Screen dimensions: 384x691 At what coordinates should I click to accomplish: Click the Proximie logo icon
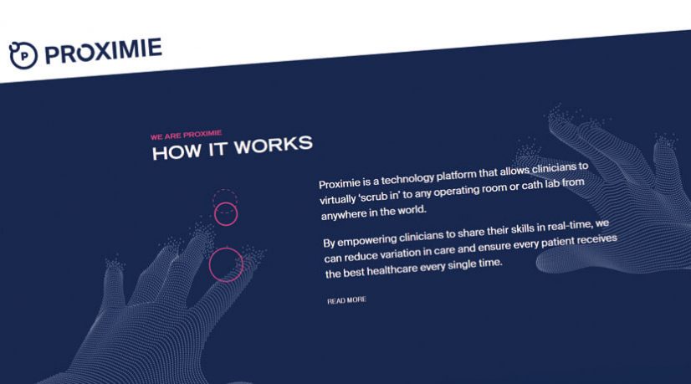tap(24, 56)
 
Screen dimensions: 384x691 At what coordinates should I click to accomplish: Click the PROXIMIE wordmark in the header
tap(104, 51)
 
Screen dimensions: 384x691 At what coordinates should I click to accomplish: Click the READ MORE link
tap(346, 300)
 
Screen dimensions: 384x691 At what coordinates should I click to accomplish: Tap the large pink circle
tap(225, 264)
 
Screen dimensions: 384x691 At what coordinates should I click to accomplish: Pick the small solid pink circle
tap(226, 214)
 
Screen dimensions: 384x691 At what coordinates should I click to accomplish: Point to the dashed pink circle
tap(225, 197)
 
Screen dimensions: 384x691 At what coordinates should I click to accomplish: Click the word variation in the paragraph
tap(416, 256)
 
